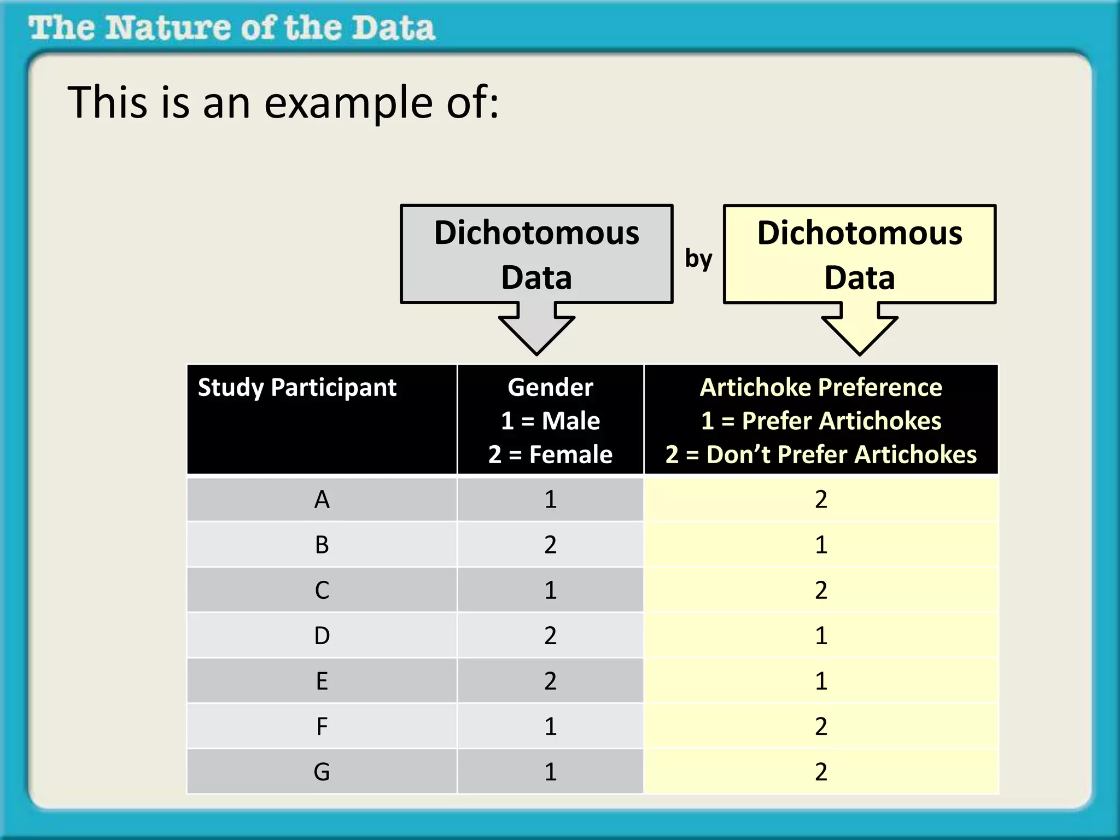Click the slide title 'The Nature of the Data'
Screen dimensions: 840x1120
click(x=232, y=28)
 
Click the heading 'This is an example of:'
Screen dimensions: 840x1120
click(x=283, y=102)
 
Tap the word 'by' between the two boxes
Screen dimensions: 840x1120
click(x=698, y=258)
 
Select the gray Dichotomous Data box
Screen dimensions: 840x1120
click(x=536, y=254)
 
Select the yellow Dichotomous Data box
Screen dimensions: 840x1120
click(x=860, y=254)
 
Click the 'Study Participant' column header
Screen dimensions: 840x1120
click(x=297, y=387)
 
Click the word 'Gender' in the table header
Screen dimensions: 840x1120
click(x=550, y=387)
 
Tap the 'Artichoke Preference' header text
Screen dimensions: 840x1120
click(x=821, y=387)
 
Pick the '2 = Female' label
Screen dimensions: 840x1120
click(x=550, y=454)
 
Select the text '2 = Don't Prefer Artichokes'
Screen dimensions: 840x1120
click(x=821, y=454)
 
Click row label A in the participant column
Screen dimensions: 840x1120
click(x=322, y=499)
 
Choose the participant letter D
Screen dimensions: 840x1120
click(x=322, y=635)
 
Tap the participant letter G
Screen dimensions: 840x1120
click(x=322, y=772)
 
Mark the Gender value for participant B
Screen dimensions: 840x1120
click(x=550, y=545)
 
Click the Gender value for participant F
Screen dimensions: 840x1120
click(x=550, y=726)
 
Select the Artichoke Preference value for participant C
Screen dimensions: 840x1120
click(x=821, y=590)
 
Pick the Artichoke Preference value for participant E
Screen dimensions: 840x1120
click(x=821, y=681)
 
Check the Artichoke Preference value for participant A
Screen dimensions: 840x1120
click(x=821, y=499)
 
